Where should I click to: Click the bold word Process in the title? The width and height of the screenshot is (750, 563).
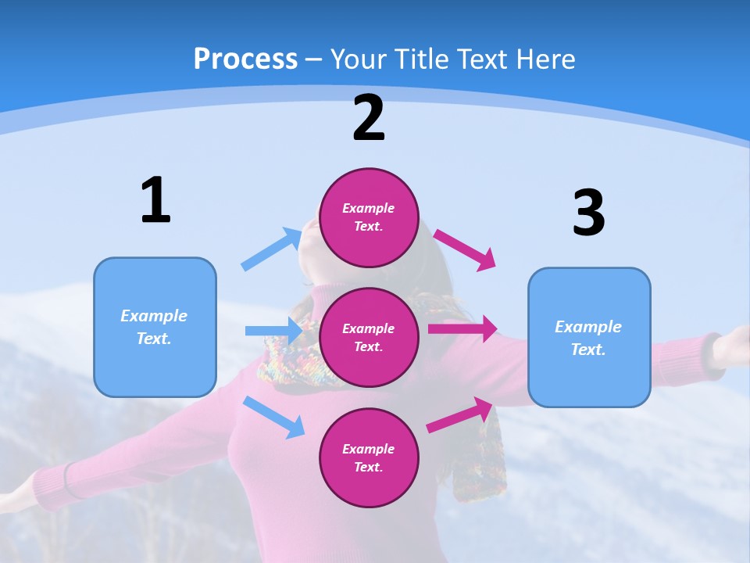245,59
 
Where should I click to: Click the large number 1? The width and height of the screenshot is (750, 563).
155,200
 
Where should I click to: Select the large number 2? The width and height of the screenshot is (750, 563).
369,118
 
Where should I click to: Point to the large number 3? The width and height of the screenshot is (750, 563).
588,213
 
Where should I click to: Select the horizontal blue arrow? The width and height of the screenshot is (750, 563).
273,331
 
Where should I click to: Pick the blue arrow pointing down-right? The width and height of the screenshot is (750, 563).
274,417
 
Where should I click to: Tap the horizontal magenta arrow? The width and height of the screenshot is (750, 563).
462,329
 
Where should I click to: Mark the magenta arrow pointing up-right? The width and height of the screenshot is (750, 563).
460,415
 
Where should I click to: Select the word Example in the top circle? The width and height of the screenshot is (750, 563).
369,209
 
